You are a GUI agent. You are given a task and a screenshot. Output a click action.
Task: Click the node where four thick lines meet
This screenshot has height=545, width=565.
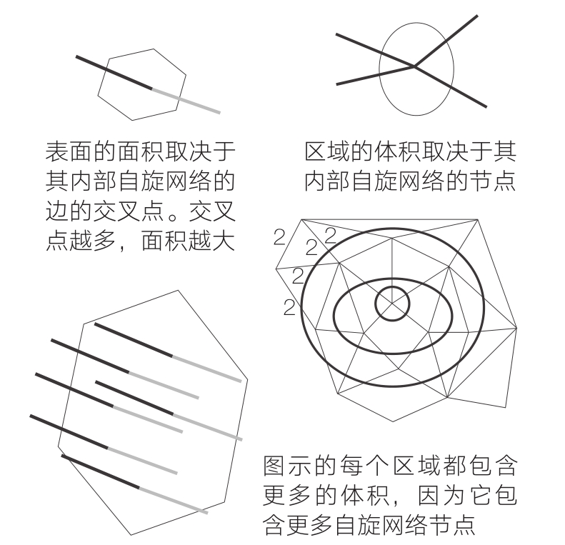[414, 66]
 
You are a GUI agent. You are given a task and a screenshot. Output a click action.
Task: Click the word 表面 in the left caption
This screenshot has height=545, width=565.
[69, 151]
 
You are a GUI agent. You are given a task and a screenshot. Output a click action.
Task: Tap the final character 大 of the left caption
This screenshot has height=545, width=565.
[224, 240]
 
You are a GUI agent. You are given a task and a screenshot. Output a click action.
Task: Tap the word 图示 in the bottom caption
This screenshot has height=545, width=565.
[287, 466]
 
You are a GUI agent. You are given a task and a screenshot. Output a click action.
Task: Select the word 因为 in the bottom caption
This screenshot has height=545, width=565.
[441, 496]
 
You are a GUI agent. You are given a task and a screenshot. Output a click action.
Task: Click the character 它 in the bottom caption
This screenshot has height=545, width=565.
[481, 496]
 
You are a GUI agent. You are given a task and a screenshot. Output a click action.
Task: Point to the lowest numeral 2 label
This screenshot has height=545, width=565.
[289, 307]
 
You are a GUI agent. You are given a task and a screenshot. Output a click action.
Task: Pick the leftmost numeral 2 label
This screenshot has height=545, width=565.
[279, 237]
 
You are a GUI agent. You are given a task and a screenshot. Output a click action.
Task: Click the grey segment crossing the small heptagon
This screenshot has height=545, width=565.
[186, 101]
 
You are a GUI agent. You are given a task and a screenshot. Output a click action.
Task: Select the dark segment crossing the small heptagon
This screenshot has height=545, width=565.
[114, 72]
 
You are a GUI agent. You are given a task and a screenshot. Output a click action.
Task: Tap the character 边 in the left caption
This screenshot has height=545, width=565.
[57, 211]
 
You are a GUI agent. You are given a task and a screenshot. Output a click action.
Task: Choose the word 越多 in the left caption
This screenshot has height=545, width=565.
[93, 240]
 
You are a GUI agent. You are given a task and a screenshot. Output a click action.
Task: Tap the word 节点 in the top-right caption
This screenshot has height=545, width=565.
[493, 181]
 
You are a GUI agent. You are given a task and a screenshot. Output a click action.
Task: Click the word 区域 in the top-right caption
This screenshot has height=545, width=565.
[327, 151]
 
